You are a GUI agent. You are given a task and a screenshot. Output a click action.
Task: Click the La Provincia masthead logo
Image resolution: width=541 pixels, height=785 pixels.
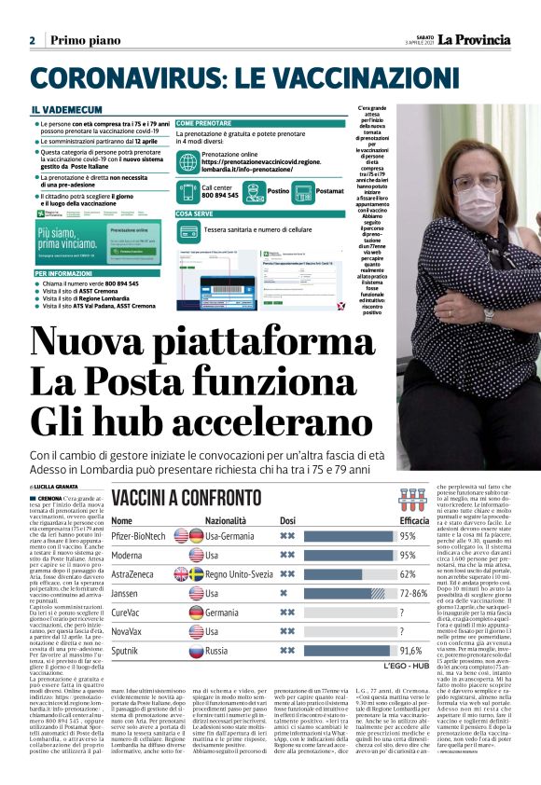(476, 39)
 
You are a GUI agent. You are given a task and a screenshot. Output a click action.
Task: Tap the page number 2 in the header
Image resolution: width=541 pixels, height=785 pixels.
(32, 40)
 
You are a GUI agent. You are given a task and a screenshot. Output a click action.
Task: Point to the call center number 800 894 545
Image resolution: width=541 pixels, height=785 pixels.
(220, 196)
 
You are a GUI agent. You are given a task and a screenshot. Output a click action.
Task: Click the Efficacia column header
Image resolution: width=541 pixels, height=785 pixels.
(414, 520)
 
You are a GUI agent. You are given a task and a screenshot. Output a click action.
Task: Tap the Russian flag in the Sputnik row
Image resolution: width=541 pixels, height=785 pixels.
(196, 650)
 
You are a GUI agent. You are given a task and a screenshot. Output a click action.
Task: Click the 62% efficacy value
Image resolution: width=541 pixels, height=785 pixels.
(408, 574)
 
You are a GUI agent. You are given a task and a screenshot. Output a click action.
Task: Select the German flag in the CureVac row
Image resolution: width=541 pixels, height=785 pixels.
(196, 612)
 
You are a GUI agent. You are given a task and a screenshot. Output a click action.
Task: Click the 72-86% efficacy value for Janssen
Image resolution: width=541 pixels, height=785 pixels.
(414, 593)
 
